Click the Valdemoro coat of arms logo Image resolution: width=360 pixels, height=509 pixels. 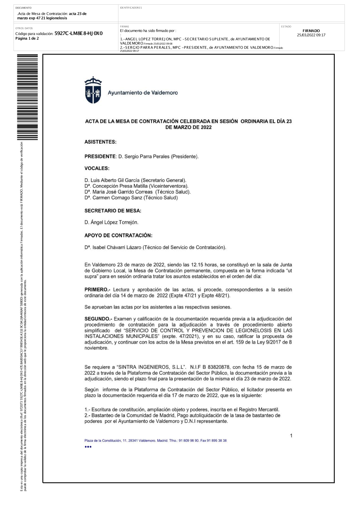pyautogui.click(x=93, y=90)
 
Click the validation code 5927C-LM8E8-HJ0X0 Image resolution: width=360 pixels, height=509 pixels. pyautogui.click(x=78, y=33)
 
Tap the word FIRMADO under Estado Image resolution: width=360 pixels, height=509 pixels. pyautogui.click(x=311, y=31)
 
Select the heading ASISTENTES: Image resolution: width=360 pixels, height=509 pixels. pyautogui.click(x=100, y=142)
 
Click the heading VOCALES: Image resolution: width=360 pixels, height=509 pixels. pyautogui.click(x=97, y=168)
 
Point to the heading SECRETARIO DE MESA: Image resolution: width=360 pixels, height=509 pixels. pyautogui.click(x=113, y=211)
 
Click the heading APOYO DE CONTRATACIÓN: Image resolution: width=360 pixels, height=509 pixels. pyautogui.click(x=118, y=235)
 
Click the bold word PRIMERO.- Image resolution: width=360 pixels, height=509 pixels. pyautogui.click(x=97, y=289)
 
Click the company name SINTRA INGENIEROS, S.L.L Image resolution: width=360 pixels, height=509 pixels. pyautogui.click(x=152, y=367)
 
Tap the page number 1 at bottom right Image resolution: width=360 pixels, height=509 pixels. pyautogui.click(x=291, y=436)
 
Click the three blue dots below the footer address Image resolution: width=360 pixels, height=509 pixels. pyautogui.click(x=88, y=447)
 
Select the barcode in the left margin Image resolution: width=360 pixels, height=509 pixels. pyautogui.click(x=27, y=97)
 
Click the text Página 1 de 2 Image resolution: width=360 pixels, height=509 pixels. pyautogui.click(x=27, y=39)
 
